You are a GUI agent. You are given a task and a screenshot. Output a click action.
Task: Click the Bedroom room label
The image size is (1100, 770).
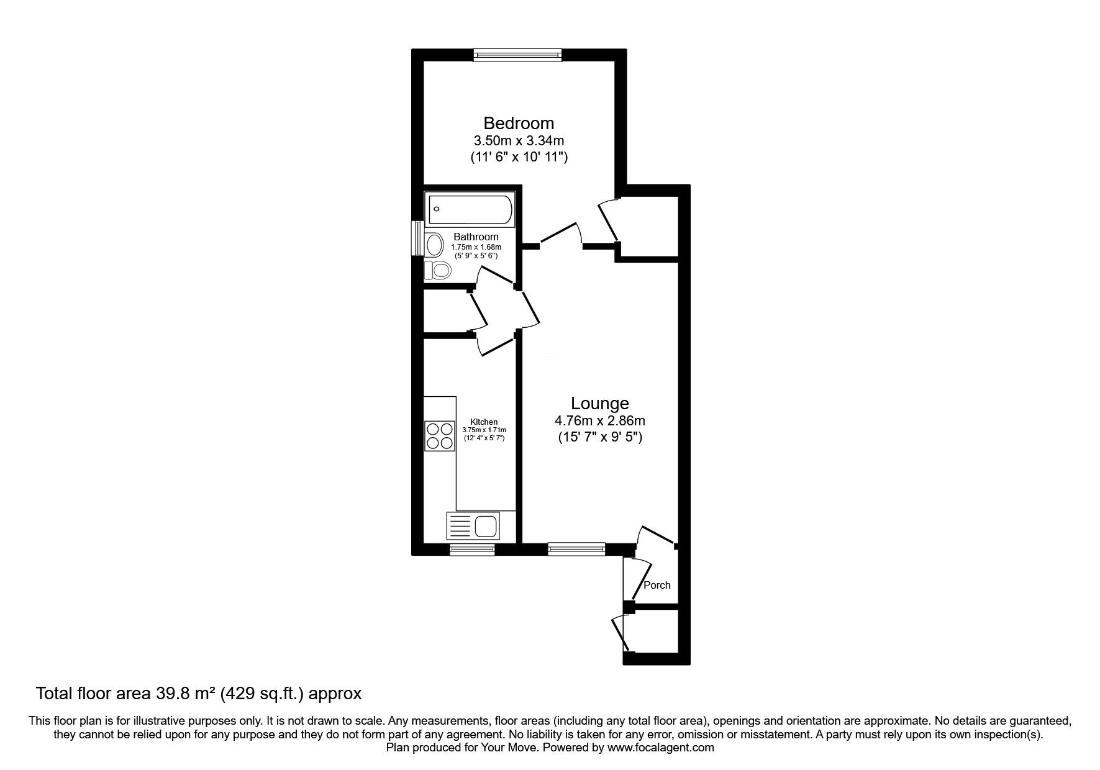point(519,123)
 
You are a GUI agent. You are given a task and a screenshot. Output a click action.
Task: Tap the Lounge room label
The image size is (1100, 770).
point(600,404)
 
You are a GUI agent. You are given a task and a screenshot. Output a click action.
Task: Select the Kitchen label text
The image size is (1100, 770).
point(484,422)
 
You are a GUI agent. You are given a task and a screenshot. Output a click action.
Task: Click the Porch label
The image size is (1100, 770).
point(657,585)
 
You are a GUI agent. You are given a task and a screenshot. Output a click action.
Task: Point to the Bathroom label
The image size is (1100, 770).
point(476,237)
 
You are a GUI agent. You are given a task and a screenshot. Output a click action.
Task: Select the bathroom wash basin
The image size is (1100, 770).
point(434,245)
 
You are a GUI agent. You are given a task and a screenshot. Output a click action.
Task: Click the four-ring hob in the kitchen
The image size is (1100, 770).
point(439,435)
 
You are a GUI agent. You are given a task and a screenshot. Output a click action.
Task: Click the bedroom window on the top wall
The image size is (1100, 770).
point(517,55)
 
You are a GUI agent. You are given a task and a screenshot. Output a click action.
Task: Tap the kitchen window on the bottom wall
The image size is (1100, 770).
point(472,549)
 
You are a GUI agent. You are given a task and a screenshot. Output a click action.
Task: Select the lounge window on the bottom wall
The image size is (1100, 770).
point(576,549)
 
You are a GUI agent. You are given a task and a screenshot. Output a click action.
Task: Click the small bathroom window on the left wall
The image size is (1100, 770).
point(419,238)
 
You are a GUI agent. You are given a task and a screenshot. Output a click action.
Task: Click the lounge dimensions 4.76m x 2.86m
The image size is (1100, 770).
point(600,421)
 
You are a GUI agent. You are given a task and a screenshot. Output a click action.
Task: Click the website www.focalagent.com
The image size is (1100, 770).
point(661,748)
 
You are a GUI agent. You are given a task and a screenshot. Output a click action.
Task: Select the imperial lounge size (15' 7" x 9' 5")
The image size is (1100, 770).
point(600,437)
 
